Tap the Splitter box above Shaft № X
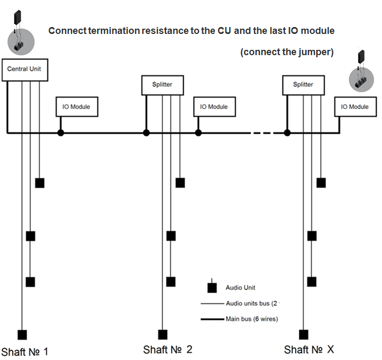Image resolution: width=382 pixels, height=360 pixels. [303, 84]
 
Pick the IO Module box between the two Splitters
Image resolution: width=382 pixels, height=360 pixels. [214, 107]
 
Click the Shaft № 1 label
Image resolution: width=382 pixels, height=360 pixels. [25, 351]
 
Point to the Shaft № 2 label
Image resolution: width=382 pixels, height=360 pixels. [168, 350]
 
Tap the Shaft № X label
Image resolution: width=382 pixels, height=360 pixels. [309, 350]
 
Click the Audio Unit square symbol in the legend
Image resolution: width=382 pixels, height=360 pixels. [212, 288]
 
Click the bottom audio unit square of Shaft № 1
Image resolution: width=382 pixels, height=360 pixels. [22, 335]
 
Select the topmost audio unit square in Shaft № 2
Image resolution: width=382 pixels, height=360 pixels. [180, 183]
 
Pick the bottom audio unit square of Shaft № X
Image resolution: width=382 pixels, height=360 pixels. [303, 335]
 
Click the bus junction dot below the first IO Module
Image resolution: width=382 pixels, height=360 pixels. [60, 133]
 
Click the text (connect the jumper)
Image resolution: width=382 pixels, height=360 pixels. [286, 52]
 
